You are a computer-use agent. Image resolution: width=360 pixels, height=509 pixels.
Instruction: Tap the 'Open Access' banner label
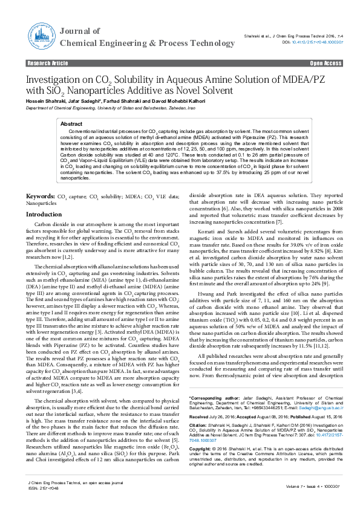pos(326,63)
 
